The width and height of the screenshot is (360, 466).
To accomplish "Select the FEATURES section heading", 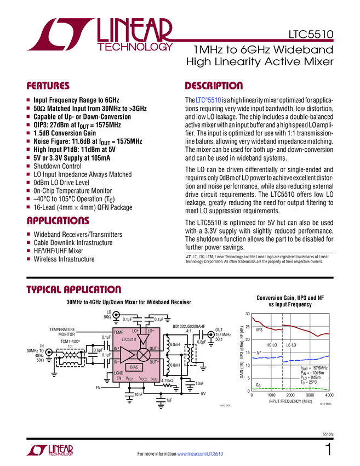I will click(x=48, y=86).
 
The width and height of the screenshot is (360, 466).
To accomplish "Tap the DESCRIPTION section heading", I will click(x=214, y=86).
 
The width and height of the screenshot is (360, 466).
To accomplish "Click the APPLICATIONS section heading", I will click(x=58, y=221).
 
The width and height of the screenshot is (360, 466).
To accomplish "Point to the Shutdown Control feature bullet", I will click(x=57, y=166).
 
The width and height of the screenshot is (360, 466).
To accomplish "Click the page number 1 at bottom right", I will click(x=328, y=451).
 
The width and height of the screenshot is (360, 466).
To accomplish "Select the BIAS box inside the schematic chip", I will click(x=135, y=366).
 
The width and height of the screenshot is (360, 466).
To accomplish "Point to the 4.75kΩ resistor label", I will click(x=168, y=380).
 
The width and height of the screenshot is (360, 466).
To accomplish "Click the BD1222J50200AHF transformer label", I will click(x=188, y=326).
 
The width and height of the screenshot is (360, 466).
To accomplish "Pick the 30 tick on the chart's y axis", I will click(x=247, y=314).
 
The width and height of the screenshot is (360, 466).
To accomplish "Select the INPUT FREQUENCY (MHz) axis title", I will click(x=289, y=401).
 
